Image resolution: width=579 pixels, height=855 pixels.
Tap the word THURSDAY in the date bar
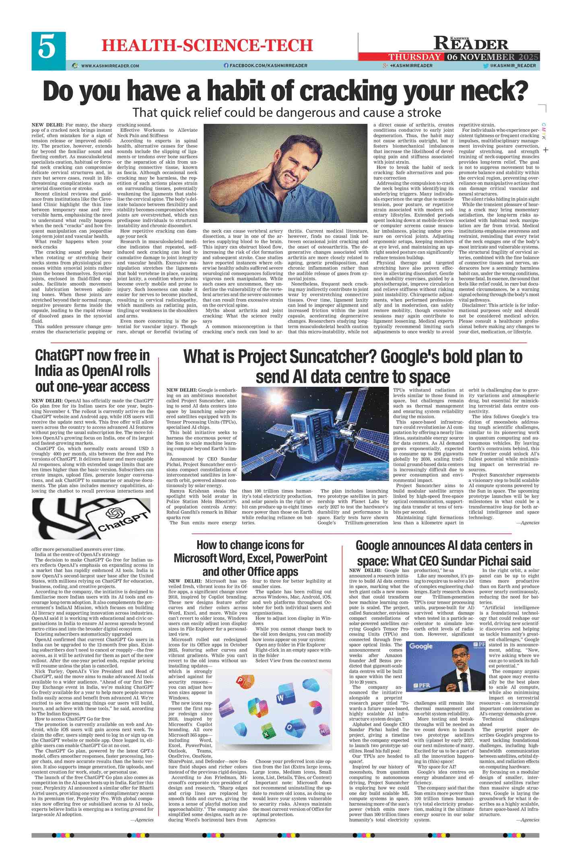414,57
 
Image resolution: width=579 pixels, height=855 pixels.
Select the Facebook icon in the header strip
226,66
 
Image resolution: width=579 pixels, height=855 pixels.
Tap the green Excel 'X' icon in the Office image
266,733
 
